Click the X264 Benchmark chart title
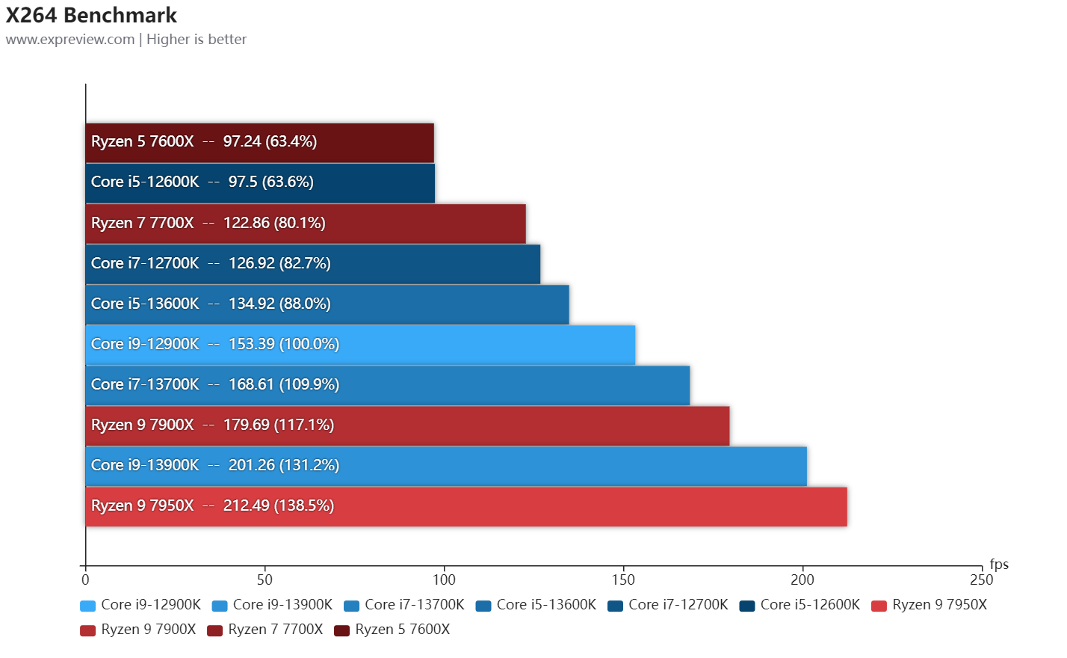[x=91, y=15]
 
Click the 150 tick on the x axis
[x=623, y=579]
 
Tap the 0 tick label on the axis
[x=85, y=579]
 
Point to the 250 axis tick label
[x=981, y=579]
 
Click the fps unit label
[x=999, y=564]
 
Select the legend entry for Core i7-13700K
[x=404, y=605]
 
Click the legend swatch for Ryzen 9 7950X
[x=879, y=606]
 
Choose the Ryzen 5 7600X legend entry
[x=392, y=630]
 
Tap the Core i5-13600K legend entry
[x=536, y=605]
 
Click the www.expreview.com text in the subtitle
[x=70, y=40]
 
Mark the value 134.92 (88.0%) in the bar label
[x=279, y=304]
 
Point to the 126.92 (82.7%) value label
[x=279, y=263]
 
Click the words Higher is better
[x=197, y=40]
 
